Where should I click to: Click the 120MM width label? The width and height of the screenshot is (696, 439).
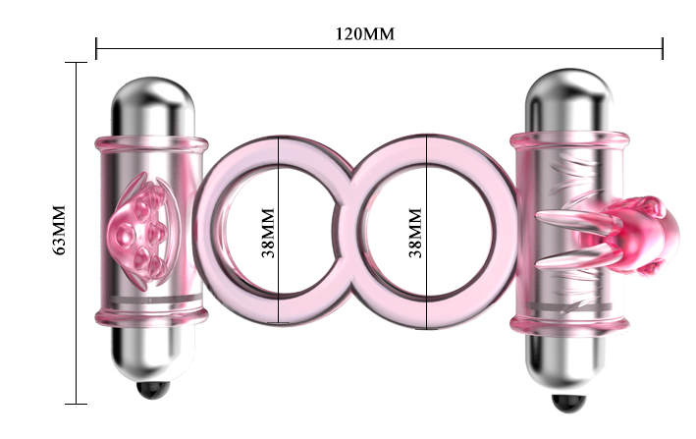coord(364,33)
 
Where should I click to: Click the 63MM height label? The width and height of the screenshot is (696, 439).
coord(60,232)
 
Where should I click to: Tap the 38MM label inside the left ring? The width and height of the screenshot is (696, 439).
coord(268,232)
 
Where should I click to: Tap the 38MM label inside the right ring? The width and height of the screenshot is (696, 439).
coord(414,232)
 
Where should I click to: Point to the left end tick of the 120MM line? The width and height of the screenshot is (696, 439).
coord(96,47)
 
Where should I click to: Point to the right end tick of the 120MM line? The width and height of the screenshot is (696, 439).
coord(663,47)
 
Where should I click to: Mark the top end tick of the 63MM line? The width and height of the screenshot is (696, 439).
coord(76,63)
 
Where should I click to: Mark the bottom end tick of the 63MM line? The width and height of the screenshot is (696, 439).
coord(76,403)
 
